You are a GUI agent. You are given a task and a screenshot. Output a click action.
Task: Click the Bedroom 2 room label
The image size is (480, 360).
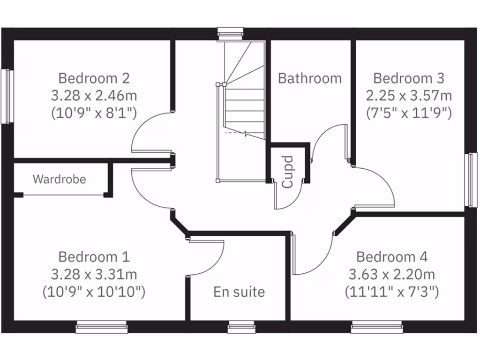click(x=94, y=78)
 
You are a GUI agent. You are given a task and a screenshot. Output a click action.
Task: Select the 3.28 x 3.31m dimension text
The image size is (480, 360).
click(x=94, y=274)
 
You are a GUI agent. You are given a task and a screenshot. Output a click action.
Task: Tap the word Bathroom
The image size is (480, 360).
click(x=310, y=78)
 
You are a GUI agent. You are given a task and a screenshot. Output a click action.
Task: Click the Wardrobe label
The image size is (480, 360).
click(x=60, y=179)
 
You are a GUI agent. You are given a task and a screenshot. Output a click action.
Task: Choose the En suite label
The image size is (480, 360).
click(x=239, y=292)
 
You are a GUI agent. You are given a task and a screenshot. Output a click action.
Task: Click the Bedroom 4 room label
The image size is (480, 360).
click(x=392, y=257)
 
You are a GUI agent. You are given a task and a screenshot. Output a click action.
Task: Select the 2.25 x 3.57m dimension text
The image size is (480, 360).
click(x=409, y=96)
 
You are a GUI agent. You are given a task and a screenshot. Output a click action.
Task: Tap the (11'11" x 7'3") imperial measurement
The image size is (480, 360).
click(x=392, y=292)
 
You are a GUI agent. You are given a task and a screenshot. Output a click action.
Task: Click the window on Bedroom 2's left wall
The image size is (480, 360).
click(x=6, y=97)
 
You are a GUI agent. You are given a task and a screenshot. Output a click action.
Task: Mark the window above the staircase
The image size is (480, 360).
click(x=231, y=34)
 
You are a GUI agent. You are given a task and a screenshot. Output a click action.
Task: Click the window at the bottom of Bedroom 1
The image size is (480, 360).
click(x=102, y=327)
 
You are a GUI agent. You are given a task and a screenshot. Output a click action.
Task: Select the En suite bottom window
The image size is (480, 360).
click(x=242, y=327)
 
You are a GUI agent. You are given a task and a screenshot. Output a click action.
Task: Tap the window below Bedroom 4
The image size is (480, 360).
click(x=377, y=327)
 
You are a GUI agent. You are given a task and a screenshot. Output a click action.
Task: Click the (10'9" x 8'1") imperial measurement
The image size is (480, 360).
click(x=94, y=113)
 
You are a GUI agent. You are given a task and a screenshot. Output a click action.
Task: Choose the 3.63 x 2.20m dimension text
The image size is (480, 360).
click(x=392, y=274)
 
